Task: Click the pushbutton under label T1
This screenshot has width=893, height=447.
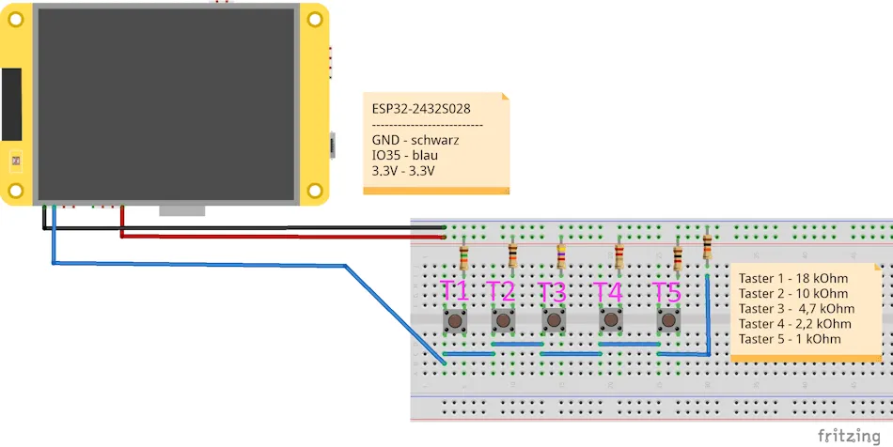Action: click(456, 321)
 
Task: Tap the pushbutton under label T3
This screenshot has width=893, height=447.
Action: click(554, 321)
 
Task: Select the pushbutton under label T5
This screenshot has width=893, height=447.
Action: click(668, 321)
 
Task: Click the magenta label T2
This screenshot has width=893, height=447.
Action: click(501, 291)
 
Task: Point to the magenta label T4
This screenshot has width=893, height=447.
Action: click(608, 291)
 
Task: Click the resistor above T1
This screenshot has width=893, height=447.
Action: click(463, 256)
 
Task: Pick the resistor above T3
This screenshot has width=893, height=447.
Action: click(561, 256)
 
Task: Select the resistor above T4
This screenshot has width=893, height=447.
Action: click(619, 256)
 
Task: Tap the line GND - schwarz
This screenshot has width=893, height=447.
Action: click(415, 140)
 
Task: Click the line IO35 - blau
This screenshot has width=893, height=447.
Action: click(405, 155)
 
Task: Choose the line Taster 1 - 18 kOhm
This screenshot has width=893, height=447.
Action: click(793, 279)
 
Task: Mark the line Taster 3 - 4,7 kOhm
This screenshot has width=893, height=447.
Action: click(796, 308)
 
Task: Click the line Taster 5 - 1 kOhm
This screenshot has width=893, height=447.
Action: click(790, 338)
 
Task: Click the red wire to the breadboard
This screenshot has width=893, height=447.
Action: click(282, 237)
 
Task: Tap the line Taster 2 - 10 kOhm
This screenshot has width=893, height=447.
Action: click(793, 293)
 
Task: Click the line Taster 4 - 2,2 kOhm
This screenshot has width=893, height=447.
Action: click(796, 323)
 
